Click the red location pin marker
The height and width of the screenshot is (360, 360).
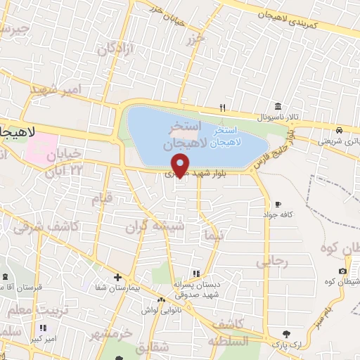click(x=181, y=165)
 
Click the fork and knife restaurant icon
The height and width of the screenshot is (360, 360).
click(x=223, y=108)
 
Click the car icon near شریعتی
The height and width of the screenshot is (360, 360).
click(x=339, y=130)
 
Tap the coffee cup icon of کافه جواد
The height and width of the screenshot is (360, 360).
click(x=279, y=203)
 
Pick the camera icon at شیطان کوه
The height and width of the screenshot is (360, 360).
click(x=342, y=271)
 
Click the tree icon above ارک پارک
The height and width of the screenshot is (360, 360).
click(x=285, y=333)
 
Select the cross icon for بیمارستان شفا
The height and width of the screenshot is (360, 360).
click(x=117, y=277)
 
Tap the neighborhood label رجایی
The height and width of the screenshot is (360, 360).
click(x=273, y=262)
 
